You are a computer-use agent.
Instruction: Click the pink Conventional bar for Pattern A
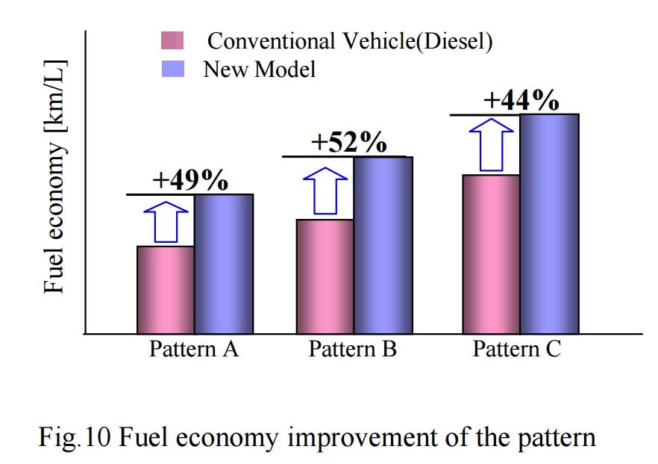(x=166, y=290)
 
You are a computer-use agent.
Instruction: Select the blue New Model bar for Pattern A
(x=224, y=264)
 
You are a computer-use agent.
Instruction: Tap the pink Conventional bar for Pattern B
(x=325, y=276)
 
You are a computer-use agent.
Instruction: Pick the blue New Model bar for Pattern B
(x=383, y=245)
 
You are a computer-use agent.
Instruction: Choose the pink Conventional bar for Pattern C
(x=491, y=254)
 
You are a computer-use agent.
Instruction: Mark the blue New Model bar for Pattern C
(x=549, y=224)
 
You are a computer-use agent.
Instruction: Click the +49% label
(x=189, y=180)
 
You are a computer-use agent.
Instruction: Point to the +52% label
(x=348, y=142)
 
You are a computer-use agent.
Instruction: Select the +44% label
(x=521, y=101)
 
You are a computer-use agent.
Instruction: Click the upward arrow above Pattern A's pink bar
(x=166, y=222)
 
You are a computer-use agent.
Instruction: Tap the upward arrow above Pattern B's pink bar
(x=325, y=191)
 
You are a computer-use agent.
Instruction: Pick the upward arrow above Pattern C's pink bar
(x=491, y=145)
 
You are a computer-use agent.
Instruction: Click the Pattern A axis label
(x=194, y=350)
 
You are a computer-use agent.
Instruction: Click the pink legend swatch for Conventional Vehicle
(x=172, y=41)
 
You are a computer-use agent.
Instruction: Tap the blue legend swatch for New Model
(x=172, y=69)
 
